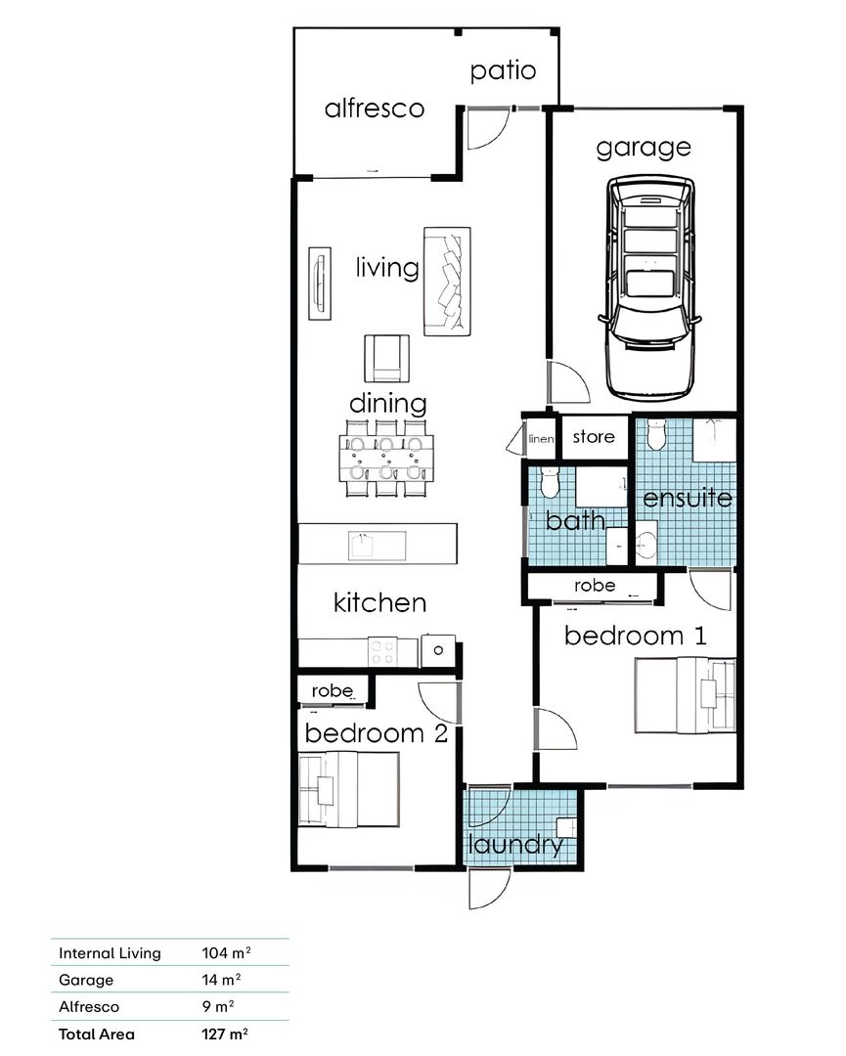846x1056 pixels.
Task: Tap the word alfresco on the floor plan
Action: click(x=375, y=108)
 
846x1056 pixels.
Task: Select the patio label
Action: click(x=503, y=70)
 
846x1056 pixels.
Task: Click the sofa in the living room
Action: click(x=447, y=281)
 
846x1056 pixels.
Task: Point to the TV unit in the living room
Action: click(x=319, y=284)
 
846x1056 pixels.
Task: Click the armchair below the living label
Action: click(x=387, y=358)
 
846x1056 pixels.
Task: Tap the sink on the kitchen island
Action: click(x=365, y=543)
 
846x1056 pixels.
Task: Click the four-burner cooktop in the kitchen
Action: click(x=382, y=650)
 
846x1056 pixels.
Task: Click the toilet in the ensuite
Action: click(x=656, y=431)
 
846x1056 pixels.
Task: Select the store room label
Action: click(x=594, y=436)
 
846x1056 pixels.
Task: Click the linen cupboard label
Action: click(x=541, y=440)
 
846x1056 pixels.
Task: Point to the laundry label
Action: click(x=515, y=845)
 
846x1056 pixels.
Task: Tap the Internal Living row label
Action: click(x=110, y=953)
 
